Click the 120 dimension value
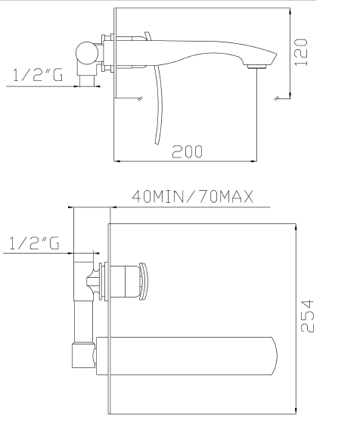[301, 52]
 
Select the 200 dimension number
[187, 151]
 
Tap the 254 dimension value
[307, 316]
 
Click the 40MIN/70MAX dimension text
[193, 196]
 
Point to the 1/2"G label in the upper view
[38, 75]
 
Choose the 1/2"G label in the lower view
[34, 243]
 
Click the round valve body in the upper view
[87, 53]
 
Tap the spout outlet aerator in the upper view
[256, 67]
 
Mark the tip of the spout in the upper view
[277, 55]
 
